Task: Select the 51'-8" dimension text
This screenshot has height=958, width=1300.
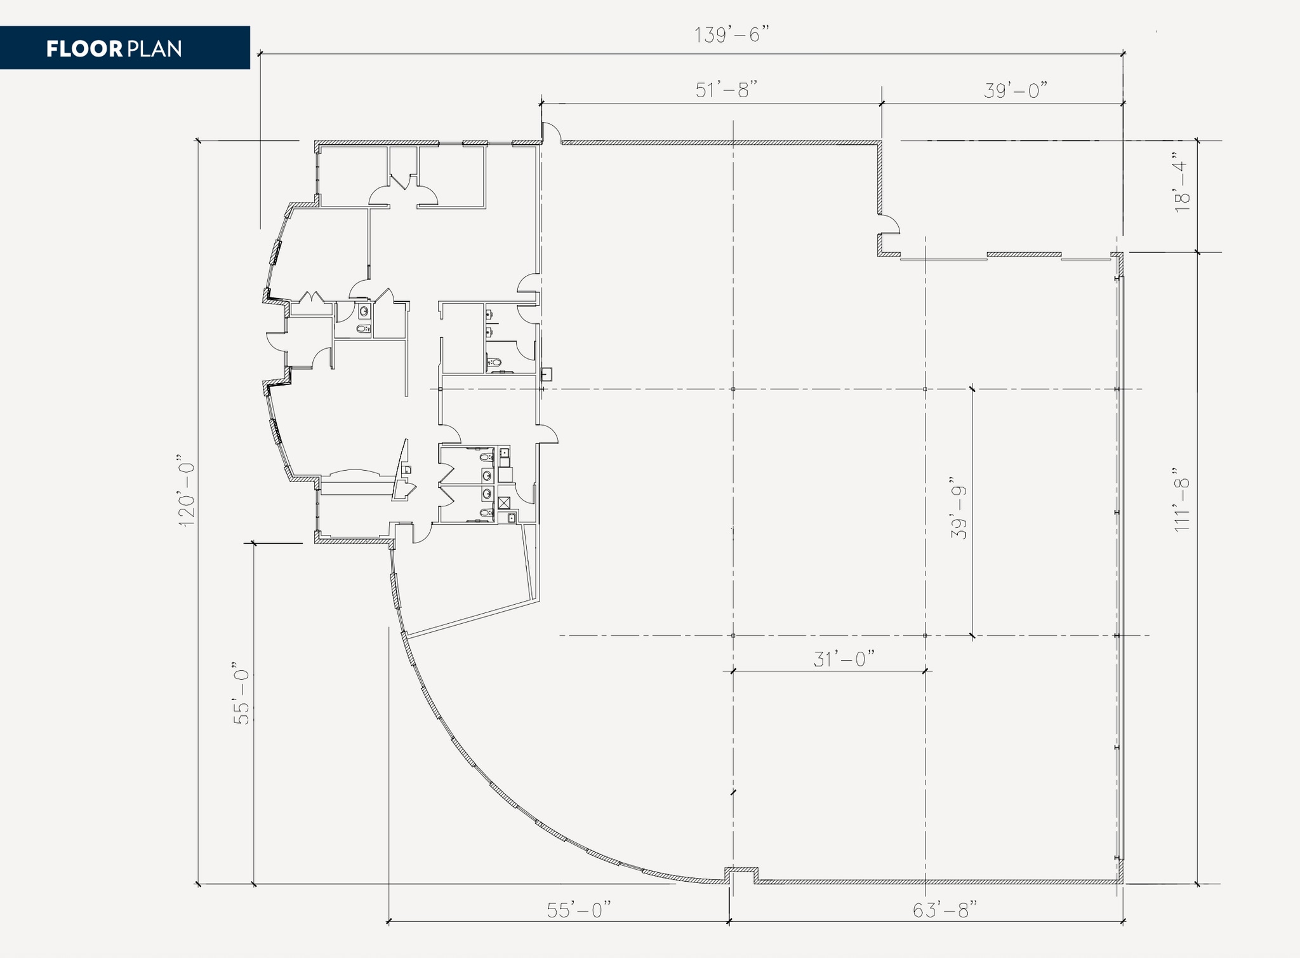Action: coord(727,90)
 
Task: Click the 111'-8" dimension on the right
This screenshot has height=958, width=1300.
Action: coord(1181,500)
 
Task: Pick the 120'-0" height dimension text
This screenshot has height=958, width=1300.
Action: coord(186,491)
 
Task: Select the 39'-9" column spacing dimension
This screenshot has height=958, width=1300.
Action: coord(958,508)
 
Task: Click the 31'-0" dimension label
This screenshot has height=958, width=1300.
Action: coord(844,659)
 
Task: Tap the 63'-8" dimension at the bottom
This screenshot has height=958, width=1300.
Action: coord(944,910)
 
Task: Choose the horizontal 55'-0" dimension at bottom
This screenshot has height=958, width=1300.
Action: coord(578,910)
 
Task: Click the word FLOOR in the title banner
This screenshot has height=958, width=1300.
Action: coord(84,49)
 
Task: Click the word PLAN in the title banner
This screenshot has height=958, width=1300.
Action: coord(154,49)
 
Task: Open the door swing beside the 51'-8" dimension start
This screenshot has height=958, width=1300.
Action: coord(551,132)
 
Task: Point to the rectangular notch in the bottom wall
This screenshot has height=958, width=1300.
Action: coord(741,876)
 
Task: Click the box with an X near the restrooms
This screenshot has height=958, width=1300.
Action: coord(504,503)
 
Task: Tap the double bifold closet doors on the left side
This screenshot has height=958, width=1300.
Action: coord(312,297)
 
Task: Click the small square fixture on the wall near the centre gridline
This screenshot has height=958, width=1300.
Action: coord(547,374)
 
